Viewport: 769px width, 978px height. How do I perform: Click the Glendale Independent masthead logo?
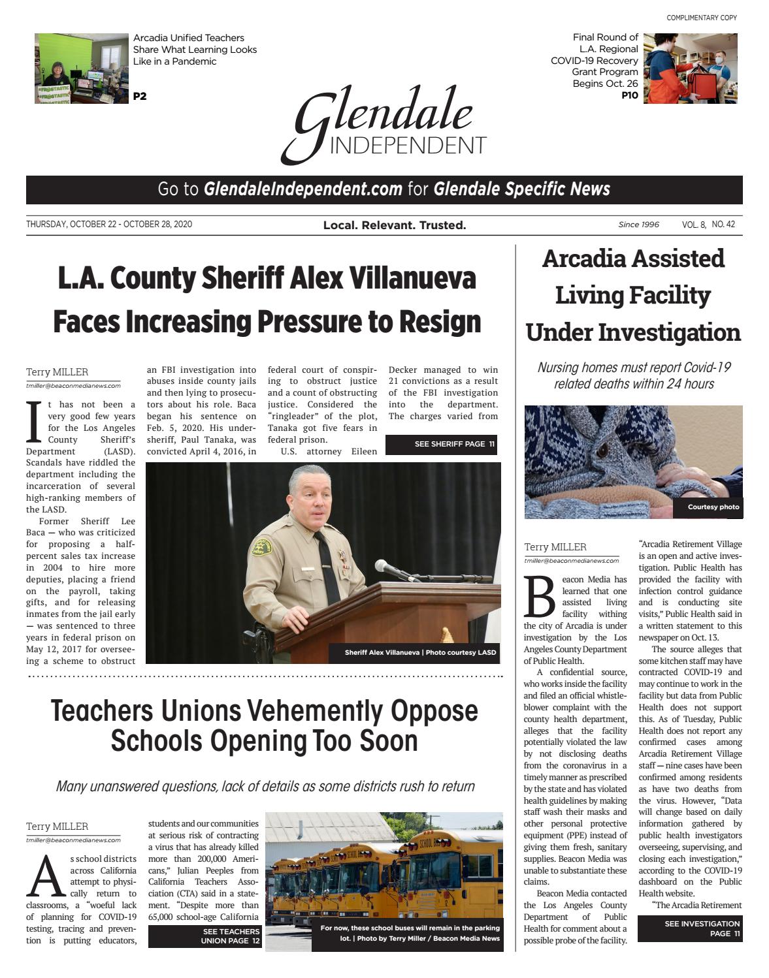384,124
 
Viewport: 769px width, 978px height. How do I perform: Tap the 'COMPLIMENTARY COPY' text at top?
701,18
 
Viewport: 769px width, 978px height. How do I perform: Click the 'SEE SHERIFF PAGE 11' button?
441,445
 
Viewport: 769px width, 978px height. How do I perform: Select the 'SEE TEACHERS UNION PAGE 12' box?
204,936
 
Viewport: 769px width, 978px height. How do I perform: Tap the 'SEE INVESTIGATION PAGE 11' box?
690,928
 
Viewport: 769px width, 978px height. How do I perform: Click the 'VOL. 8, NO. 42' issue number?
708,225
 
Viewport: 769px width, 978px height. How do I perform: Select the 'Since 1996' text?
638,225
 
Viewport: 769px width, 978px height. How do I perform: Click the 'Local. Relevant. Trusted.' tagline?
394,225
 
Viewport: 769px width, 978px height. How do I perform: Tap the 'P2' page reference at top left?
140,97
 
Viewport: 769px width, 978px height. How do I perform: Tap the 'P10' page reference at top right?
630,95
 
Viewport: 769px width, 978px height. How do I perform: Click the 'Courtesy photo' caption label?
713,507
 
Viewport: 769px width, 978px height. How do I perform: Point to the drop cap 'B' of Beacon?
540,597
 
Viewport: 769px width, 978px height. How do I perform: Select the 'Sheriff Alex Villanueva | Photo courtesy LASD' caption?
420,652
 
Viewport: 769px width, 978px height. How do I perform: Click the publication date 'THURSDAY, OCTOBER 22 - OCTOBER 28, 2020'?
109,225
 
